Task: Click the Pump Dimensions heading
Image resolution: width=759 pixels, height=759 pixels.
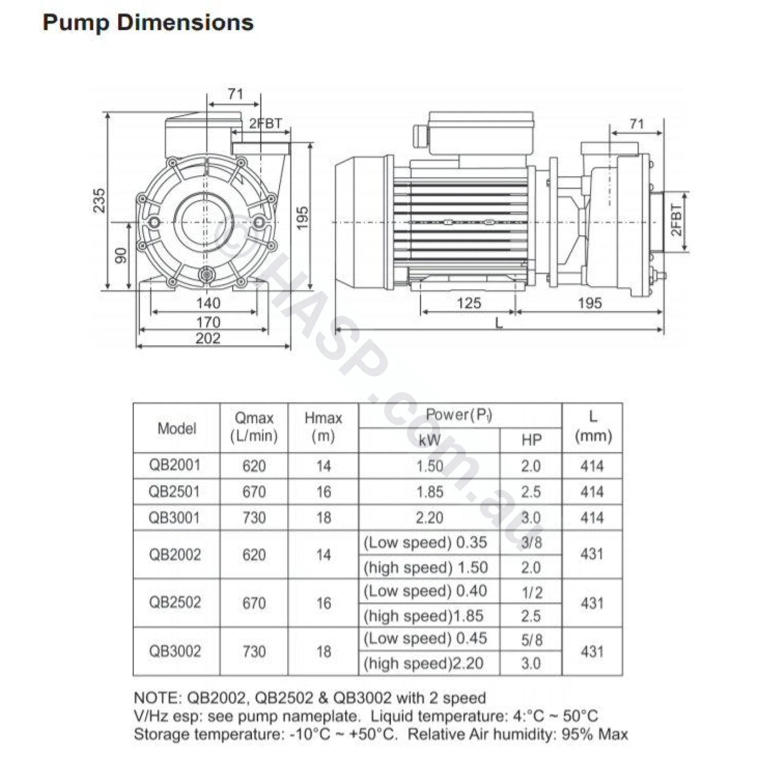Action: point(148,23)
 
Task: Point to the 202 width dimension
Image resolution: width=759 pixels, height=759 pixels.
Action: point(208,338)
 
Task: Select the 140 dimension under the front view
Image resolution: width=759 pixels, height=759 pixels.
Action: point(208,303)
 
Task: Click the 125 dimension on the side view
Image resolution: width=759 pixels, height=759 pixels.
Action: point(468,304)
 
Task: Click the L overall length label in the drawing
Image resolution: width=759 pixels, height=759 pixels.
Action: point(498,323)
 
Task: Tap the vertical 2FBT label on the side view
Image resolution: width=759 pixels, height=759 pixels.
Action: point(677,219)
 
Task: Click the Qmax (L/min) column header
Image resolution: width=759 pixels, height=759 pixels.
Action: point(254,427)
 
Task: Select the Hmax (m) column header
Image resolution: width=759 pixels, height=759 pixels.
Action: point(323,427)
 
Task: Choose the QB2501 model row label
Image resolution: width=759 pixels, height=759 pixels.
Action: point(175,491)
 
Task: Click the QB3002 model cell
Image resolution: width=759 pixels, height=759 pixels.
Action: point(175,651)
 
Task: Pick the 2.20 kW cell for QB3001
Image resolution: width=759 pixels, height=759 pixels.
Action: point(430,518)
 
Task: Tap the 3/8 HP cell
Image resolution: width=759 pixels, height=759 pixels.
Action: point(531,543)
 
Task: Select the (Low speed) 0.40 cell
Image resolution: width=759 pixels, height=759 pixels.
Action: point(425,591)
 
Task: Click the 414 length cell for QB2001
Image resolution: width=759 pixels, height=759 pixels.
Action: point(591,466)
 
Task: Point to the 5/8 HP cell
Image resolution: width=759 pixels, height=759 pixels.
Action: point(531,640)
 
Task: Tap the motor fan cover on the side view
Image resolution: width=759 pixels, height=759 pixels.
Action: point(359,223)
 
